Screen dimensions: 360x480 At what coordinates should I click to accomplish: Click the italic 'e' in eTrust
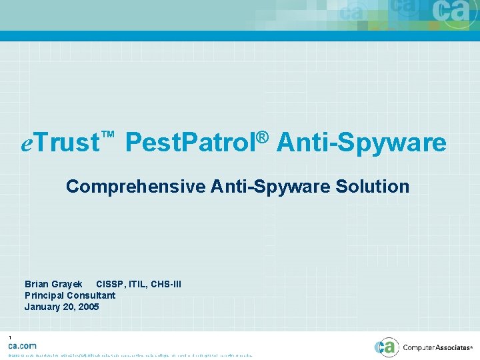pyautogui.click(x=27, y=143)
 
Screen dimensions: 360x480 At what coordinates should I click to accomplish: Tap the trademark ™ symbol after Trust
pyautogui.click(x=108, y=136)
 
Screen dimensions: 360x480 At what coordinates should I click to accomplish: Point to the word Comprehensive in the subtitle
pyautogui.click(x=135, y=187)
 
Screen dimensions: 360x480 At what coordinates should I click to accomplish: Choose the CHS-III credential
pyautogui.click(x=167, y=285)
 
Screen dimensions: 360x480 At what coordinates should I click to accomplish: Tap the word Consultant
pyautogui.click(x=91, y=295)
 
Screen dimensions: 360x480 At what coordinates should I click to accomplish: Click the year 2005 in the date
pyautogui.click(x=88, y=307)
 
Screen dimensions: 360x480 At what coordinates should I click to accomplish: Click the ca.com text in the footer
pyautogui.click(x=22, y=345)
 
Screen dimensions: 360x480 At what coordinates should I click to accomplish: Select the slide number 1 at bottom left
pyautogui.click(x=10, y=337)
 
